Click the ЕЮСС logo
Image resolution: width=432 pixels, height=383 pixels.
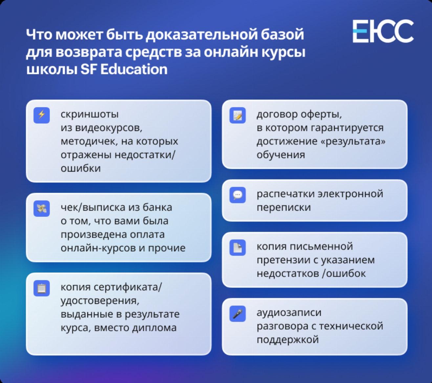click(x=383, y=31)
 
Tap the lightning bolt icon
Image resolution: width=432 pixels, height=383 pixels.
click(x=42, y=115)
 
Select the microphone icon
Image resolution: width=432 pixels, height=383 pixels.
click(x=238, y=313)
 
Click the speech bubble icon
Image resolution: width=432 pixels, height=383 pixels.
click(x=238, y=195)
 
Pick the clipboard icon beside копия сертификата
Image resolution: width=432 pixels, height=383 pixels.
click(x=42, y=288)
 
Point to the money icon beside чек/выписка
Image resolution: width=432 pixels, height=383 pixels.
click(x=42, y=208)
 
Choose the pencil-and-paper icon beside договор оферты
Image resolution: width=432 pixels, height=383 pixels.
click(x=238, y=115)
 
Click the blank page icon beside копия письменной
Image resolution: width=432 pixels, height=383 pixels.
click(x=238, y=247)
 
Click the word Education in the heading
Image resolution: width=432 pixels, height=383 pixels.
click(x=134, y=69)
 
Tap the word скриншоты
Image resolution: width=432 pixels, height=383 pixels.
click(x=90, y=114)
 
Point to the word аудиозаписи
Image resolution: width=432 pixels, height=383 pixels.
click(x=289, y=313)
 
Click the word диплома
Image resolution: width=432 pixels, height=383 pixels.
click(x=154, y=328)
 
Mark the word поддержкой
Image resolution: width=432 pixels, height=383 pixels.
click(x=288, y=340)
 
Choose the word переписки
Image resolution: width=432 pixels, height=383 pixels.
click(x=284, y=207)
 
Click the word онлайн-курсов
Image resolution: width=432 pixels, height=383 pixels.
click(x=98, y=248)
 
